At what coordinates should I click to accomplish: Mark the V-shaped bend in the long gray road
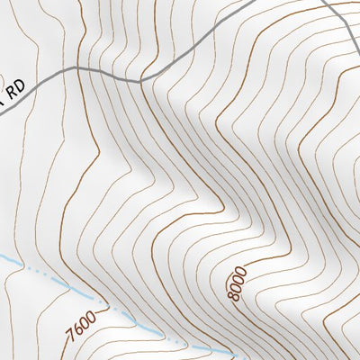tap(140, 81)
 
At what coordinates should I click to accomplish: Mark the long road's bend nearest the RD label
tap(76, 67)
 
